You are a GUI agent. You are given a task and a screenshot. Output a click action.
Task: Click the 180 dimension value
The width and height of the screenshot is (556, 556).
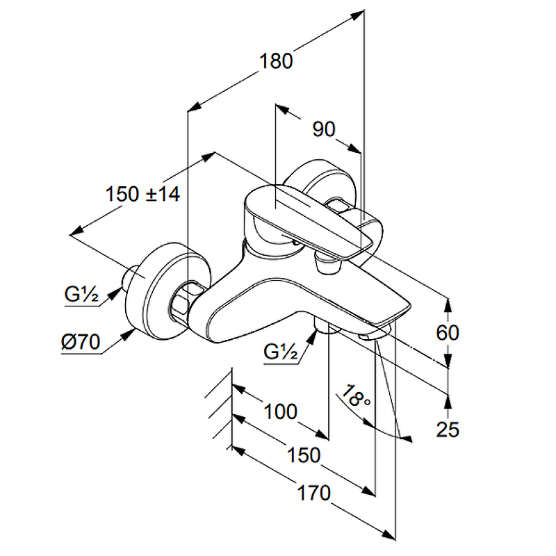277,61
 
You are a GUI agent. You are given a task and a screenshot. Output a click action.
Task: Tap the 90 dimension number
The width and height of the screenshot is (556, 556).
323,129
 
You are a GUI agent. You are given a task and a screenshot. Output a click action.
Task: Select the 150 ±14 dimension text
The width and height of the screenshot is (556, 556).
143,194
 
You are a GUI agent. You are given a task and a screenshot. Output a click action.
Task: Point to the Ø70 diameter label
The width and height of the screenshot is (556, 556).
81,342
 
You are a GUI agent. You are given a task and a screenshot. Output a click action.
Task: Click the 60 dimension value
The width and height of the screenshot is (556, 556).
448,333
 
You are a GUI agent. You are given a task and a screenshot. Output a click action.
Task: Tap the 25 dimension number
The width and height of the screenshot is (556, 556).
448,430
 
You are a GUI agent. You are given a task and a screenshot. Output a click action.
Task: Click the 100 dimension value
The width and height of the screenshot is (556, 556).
281,411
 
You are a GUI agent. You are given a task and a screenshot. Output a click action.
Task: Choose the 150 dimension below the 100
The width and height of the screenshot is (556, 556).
304,455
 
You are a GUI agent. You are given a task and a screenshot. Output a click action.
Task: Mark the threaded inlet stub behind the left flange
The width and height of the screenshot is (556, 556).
129,278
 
